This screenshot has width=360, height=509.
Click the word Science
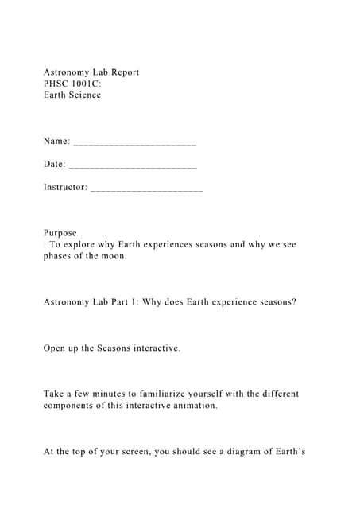coord(84,95)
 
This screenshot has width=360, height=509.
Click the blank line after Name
coord(134,143)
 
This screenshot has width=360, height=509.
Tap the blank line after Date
coord(133,165)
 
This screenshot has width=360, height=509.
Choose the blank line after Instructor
coord(147,188)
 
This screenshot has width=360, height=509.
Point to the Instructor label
coord(65,187)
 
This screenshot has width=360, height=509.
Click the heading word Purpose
coord(60,233)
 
